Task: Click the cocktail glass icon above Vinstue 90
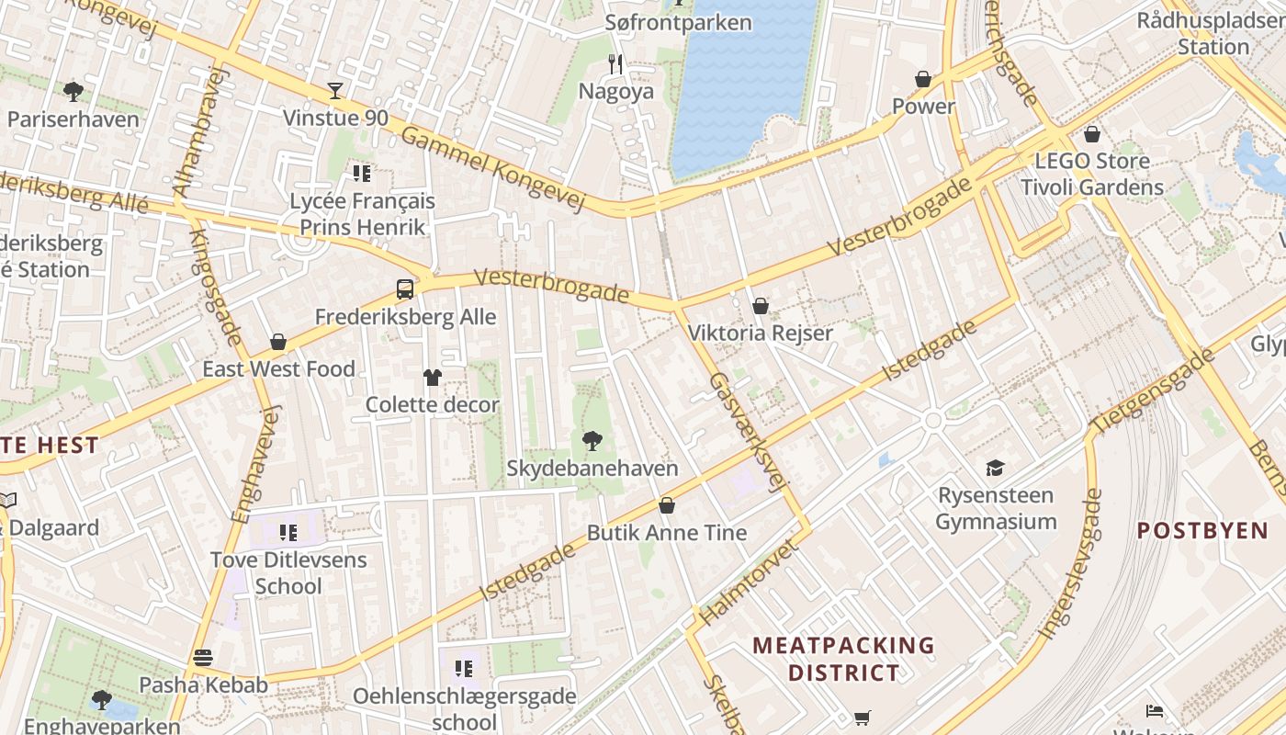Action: [335, 90]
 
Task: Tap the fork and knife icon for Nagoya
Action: [615, 63]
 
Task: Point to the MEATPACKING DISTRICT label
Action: [843, 659]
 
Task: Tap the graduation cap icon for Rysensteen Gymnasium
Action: [995, 469]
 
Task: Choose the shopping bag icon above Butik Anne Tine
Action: [667, 505]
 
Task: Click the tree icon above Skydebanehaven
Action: [592, 441]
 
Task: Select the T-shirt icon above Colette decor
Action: [433, 377]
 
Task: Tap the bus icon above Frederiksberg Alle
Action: [405, 289]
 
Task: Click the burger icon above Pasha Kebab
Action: [203, 658]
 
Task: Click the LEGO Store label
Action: [1091, 162]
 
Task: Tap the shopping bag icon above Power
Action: [923, 79]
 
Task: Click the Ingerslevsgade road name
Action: [1069, 564]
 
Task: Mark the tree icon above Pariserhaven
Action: [73, 91]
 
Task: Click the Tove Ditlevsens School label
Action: [288, 572]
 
